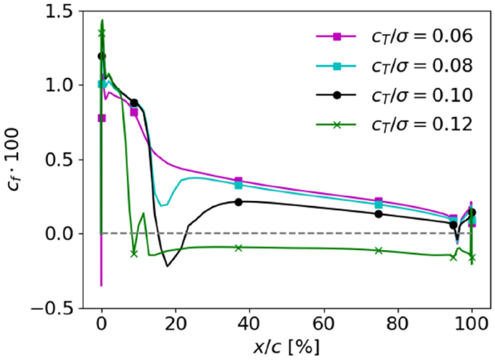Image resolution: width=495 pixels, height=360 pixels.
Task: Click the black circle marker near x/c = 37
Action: [x=238, y=202]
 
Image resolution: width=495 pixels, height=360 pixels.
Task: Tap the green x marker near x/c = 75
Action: [x=379, y=250]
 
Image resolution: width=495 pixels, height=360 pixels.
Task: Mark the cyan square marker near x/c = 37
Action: [x=238, y=185]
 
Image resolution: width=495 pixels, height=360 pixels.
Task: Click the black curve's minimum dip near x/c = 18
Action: [x=168, y=266]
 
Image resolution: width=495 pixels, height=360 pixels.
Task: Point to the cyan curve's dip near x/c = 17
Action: [x=163, y=205]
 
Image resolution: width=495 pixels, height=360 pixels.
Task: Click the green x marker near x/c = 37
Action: [x=238, y=247]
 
